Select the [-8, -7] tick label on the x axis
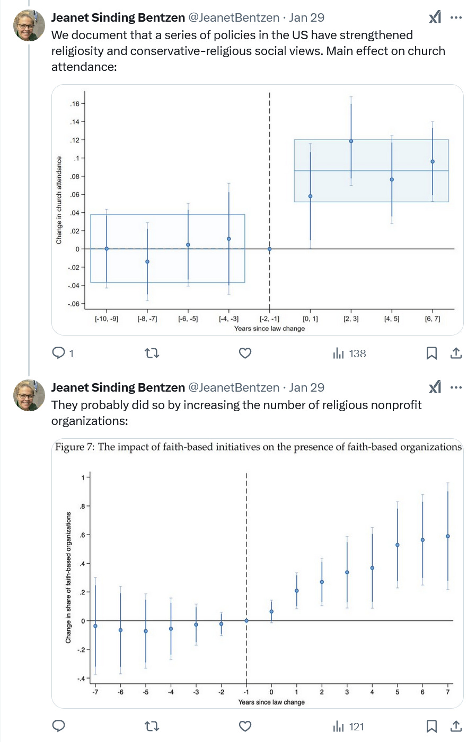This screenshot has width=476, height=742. tap(147, 319)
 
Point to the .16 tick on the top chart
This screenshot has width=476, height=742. tap(75, 104)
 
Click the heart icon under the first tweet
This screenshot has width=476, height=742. tap(245, 353)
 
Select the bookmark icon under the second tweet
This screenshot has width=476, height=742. tap(431, 726)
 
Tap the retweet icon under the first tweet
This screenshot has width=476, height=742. tap(152, 353)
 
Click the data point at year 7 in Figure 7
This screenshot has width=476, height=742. tap(448, 536)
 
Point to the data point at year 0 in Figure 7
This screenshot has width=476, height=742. tap(271, 611)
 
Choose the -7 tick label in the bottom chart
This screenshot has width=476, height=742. tap(95, 692)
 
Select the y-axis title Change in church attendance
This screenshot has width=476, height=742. tap(59, 200)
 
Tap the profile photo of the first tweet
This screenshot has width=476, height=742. tap(29, 24)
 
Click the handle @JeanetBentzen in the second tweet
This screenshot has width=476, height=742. tap(234, 387)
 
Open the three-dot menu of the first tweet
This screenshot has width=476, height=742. tap(456, 17)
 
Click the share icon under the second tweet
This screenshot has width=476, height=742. tap(456, 726)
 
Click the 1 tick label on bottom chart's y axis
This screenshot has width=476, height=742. tap(83, 477)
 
